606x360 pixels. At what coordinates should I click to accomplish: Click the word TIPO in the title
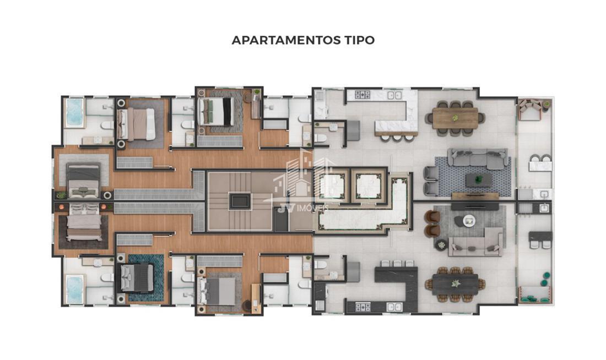click(359, 40)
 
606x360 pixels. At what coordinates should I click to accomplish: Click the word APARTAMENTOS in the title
click(285, 40)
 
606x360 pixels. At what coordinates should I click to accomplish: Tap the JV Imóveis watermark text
click(302, 209)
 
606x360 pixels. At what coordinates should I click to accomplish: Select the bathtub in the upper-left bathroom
click(74, 112)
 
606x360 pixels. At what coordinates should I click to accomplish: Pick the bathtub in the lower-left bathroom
click(74, 290)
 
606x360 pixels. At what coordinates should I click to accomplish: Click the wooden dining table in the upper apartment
click(455, 118)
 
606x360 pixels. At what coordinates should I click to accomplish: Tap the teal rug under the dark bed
click(146, 277)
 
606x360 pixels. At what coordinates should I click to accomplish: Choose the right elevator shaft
click(369, 186)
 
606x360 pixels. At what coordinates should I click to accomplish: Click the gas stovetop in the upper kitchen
click(362, 95)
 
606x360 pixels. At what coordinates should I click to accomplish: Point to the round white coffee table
click(469, 221)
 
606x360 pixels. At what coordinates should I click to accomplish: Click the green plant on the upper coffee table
click(479, 179)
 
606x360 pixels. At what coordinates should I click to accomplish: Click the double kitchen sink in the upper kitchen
click(394, 95)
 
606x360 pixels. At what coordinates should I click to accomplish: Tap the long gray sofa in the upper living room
click(478, 159)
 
